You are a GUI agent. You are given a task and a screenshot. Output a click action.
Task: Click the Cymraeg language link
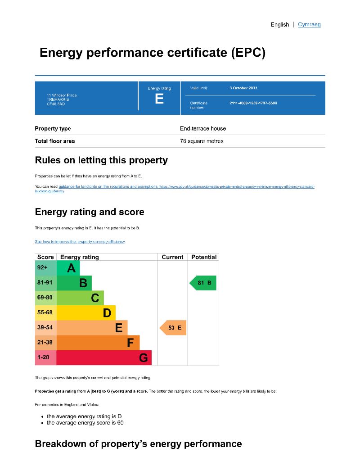(x=309, y=24)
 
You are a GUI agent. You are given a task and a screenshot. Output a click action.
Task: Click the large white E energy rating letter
(x=159, y=99)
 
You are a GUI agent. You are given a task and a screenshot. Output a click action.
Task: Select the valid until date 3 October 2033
(x=243, y=88)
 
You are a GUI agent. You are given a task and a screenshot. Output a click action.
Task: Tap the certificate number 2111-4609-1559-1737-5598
(x=253, y=103)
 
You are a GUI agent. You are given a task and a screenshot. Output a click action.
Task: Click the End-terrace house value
(x=203, y=128)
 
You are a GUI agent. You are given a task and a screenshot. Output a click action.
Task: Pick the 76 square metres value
(x=202, y=141)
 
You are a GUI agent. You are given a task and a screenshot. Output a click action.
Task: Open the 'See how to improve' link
(x=80, y=242)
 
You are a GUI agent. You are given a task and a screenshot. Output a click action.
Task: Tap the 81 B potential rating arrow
(x=204, y=283)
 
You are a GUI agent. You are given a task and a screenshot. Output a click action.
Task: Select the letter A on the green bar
(x=71, y=268)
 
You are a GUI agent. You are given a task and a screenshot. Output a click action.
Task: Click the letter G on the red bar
(x=144, y=358)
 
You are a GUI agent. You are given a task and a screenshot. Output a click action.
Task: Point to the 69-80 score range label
(x=45, y=298)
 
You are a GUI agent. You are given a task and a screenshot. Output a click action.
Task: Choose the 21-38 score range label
(x=45, y=343)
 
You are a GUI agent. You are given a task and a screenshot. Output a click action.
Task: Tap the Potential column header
(x=204, y=257)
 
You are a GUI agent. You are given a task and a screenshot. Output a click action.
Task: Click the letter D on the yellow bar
(x=107, y=312)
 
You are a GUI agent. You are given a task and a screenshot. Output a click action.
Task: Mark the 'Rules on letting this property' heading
(x=101, y=160)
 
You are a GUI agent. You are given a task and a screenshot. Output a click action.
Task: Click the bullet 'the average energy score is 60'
(x=85, y=423)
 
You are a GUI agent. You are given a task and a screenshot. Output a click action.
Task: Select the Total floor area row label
(x=55, y=141)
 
